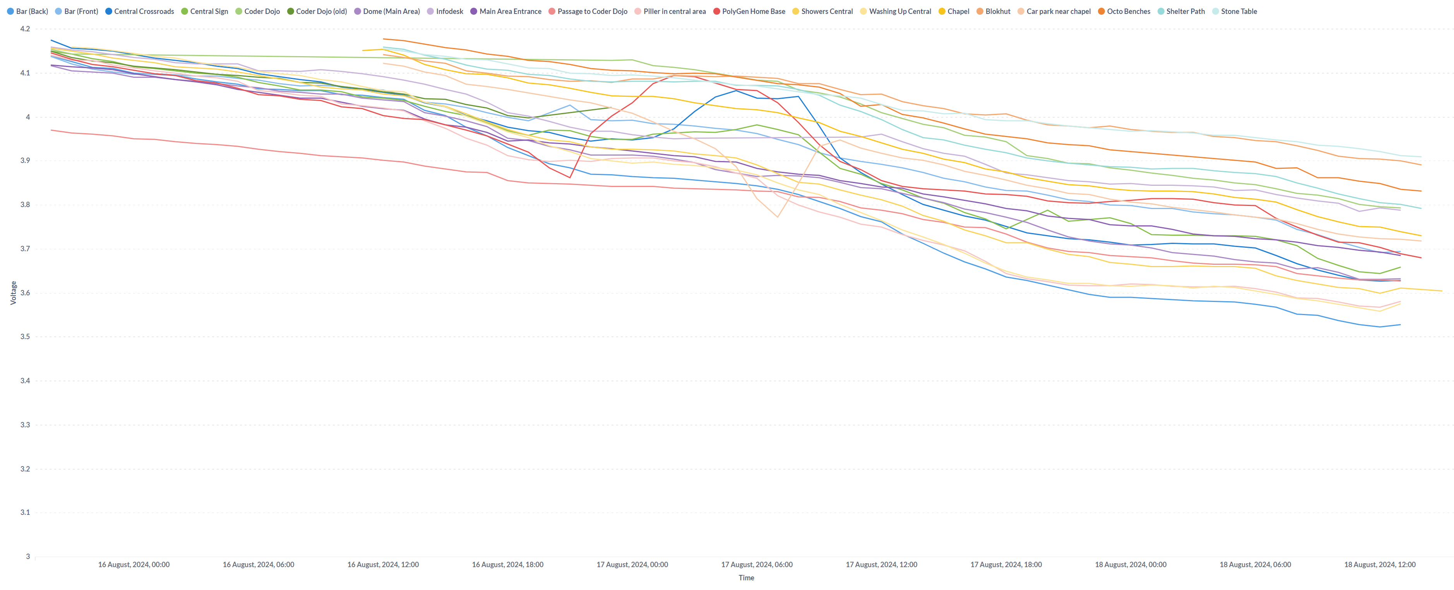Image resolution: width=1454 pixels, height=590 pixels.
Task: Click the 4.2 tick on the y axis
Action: pyautogui.click(x=25, y=29)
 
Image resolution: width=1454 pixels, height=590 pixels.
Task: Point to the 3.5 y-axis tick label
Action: pyautogui.click(x=25, y=336)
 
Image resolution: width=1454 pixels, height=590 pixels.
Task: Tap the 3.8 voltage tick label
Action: pyautogui.click(x=25, y=205)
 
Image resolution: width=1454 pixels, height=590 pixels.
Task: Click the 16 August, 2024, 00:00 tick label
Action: pyautogui.click(x=134, y=564)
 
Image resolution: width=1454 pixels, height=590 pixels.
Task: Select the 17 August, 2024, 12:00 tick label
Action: pyautogui.click(x=881, y=564)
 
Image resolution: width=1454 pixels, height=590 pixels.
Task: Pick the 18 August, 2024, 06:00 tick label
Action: pyautogui.click(x=1255, y=564)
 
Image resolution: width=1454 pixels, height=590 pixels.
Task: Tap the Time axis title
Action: pyautogui.click(x=746, y=578)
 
